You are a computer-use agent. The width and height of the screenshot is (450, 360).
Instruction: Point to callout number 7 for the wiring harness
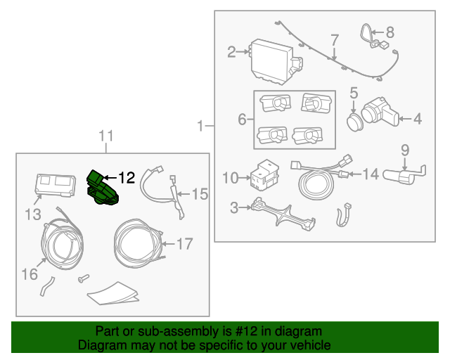coord(335,39)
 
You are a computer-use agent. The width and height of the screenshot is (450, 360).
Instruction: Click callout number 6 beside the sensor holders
coord(242,120)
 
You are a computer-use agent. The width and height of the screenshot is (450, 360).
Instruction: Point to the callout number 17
coord(184,245)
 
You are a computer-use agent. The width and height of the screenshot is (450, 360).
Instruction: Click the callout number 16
coord(29,273)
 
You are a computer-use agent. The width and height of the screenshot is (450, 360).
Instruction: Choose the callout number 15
coord(200,193)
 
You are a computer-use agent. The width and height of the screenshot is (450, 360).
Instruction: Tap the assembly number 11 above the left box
coord(105,136)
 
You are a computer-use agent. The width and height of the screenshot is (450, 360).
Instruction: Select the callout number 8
coord(390,32)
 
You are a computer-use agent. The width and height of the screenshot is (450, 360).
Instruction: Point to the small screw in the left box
coord(84,278)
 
